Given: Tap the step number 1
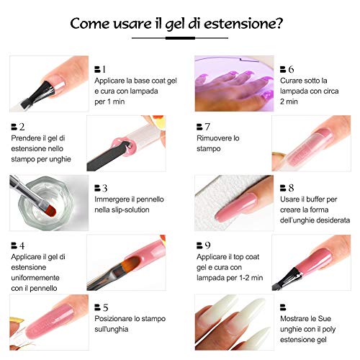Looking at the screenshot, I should pyautogui.click(x=102, y=69).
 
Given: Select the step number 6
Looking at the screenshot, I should pyautogui.click(x=291, y=69).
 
